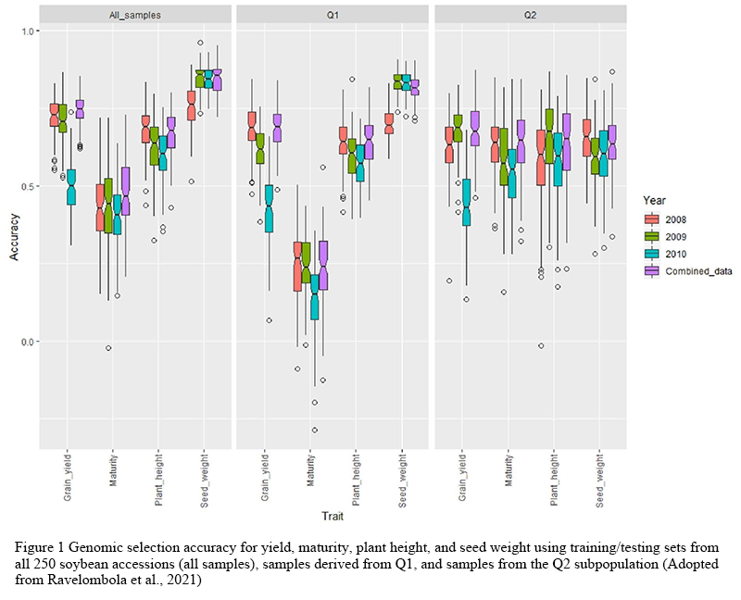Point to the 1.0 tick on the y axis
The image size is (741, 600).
point(25,31)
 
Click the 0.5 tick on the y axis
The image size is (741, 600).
point(25,186)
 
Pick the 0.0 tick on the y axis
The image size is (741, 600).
point(25,342)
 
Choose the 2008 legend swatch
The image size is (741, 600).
point(652,219)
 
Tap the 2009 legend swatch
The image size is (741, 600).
point(652,236)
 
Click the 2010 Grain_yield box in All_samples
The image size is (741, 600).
point(71,187)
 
